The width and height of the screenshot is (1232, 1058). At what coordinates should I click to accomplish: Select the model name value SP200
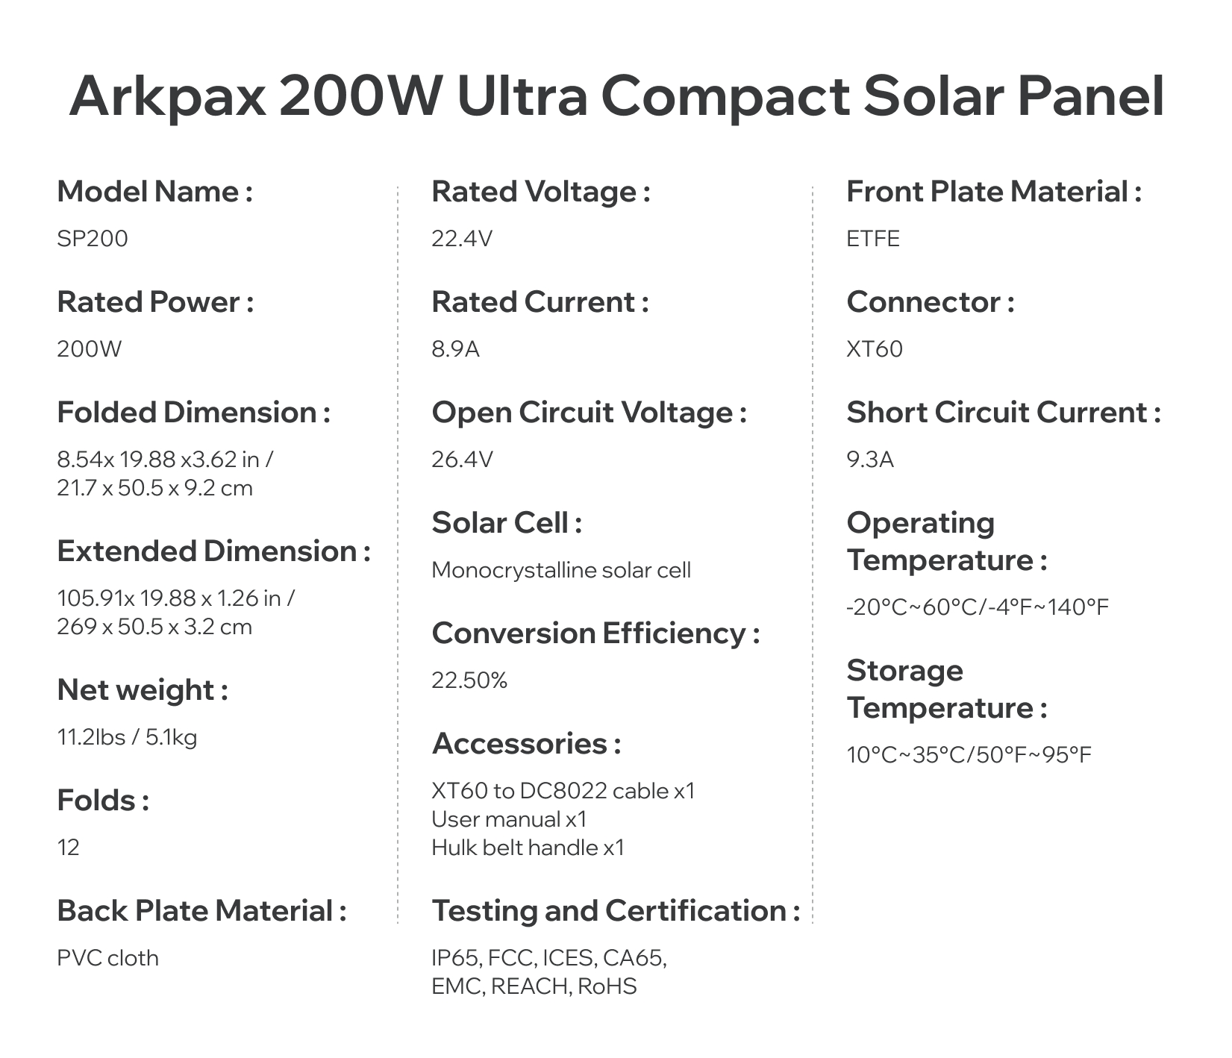point(93,239)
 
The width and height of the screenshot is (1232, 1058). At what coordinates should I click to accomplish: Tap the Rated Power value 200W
point(90,349)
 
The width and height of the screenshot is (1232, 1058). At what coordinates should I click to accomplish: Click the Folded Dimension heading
point(194,413)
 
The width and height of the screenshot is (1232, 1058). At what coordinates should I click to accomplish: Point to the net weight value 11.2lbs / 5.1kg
point(128,738)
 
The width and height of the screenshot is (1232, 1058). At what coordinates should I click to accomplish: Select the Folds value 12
point(69,848)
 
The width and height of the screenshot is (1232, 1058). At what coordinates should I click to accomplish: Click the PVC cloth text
point(108,958)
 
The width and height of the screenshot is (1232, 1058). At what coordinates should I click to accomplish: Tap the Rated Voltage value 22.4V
point(462,239)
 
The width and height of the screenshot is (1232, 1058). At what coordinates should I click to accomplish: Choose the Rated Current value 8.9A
point(455,349)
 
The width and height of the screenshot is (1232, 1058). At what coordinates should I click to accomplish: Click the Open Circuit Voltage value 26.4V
point(462,460)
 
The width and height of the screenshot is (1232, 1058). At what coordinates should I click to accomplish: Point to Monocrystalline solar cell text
point(561,571)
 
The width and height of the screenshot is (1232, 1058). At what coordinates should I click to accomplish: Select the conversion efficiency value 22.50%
point(469,680)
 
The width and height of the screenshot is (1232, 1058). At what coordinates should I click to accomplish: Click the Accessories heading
point(527,744)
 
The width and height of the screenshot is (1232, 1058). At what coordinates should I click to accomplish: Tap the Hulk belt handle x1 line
point(528,848)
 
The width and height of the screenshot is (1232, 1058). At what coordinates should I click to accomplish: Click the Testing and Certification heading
point(616,911)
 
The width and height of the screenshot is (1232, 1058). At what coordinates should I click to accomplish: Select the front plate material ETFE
point(873,239)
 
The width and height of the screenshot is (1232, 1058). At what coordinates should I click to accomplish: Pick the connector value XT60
point(875,349)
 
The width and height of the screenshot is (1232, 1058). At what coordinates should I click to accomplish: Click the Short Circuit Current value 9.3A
point(870,460)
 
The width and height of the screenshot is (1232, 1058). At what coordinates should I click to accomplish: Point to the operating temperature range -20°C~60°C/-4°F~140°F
point(978,607)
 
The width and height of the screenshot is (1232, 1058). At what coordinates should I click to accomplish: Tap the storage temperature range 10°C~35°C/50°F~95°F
point(969,755)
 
